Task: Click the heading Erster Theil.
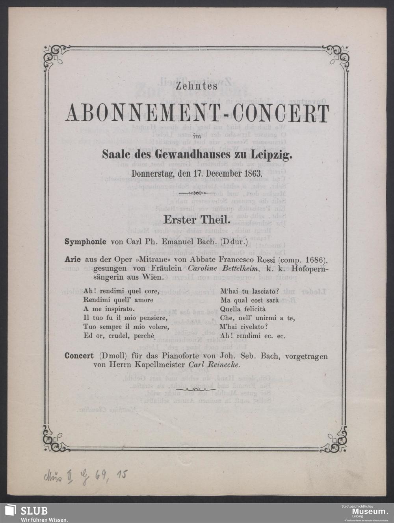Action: click(x=197, y=219)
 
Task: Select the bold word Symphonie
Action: click(x=85, y=242)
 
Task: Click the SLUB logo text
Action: click(x=34, y=511)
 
